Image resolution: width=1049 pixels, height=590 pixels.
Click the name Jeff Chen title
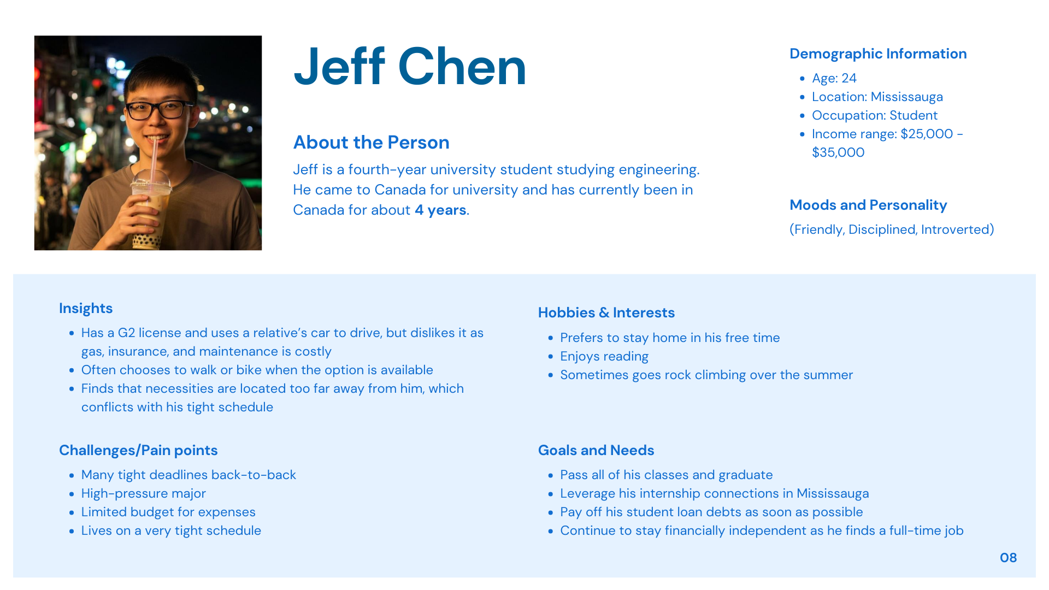coord(410,67)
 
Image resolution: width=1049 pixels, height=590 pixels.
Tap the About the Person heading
coord(371,143)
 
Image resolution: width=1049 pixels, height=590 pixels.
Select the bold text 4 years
coord(440,210)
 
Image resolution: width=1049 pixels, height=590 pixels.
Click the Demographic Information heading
coord(878,54)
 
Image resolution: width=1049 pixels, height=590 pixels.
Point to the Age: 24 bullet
coord(834,79)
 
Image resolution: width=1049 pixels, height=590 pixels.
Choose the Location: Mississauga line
coord(877,97)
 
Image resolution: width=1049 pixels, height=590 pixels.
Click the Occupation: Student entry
coord(874,116)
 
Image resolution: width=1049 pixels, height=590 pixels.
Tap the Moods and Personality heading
coord(868,205)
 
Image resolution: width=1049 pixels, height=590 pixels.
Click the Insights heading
coord(86,309)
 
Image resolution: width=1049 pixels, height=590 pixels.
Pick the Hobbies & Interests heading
coord(606,313)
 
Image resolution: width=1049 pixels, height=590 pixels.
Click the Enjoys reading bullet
coord(604,357)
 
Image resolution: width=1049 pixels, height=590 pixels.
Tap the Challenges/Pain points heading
coord(138,451)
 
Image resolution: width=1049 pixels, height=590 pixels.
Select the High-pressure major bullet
coord(144,494)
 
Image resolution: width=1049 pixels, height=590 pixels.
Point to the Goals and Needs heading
coord(596,451)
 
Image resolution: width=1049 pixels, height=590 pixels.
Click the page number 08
coord(1008,558)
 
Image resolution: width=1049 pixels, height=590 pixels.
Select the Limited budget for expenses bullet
coord(168,512)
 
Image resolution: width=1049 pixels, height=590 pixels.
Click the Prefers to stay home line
coord(670,338)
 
